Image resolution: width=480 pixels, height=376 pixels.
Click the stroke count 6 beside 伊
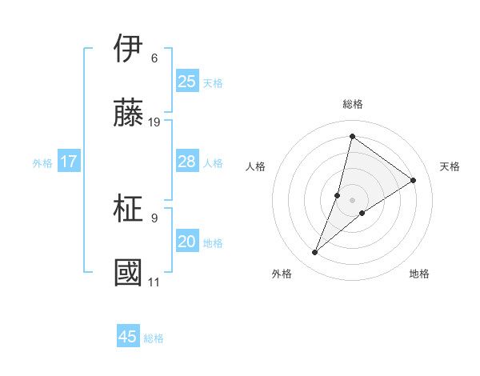point(154,58)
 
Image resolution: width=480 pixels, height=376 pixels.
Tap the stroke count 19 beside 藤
point(154,122)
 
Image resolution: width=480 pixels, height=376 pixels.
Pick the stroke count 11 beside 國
point(154,282)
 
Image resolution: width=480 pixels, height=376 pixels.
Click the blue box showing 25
point(187,82)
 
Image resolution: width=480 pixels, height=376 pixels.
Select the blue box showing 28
point(187,162)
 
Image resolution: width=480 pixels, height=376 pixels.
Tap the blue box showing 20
point(187,242)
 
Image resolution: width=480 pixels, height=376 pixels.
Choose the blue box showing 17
point(69,162)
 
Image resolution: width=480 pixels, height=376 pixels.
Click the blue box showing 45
point(128,337)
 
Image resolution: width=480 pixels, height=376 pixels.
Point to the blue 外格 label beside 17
point(42,162)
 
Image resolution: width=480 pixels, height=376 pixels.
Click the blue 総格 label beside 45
point(154,338)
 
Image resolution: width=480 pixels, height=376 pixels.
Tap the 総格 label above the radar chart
point(352,104)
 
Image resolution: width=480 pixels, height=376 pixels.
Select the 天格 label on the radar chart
point(450,166)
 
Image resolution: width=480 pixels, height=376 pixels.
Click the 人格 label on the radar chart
point(255,166)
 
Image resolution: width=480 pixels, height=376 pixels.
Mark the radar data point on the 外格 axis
point(315,253)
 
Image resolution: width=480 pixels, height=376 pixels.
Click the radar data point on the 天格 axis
point(414,180)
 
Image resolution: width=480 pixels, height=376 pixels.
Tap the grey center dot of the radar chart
point(352,200)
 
